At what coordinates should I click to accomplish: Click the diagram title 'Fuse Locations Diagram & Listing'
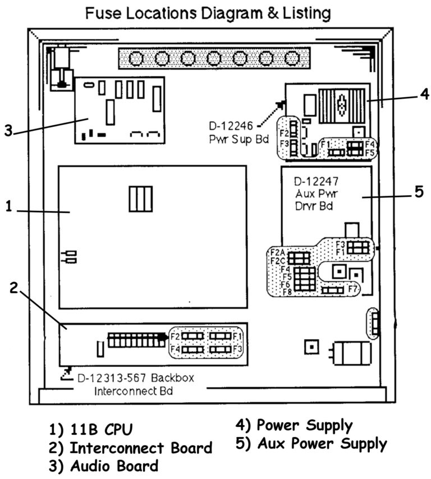tap(208, 12)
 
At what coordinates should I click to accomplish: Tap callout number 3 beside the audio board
tap(7, 131)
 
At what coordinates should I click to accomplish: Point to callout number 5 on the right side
tap(418, 191)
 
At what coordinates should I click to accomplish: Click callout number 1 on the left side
tap(8, 206)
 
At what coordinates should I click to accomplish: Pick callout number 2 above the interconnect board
tap(15, 287)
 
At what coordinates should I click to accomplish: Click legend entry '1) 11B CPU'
tap(90, 430)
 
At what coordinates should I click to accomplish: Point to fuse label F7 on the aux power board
tap(352, 289)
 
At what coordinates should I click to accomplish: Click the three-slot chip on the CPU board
tap(141, 199)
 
